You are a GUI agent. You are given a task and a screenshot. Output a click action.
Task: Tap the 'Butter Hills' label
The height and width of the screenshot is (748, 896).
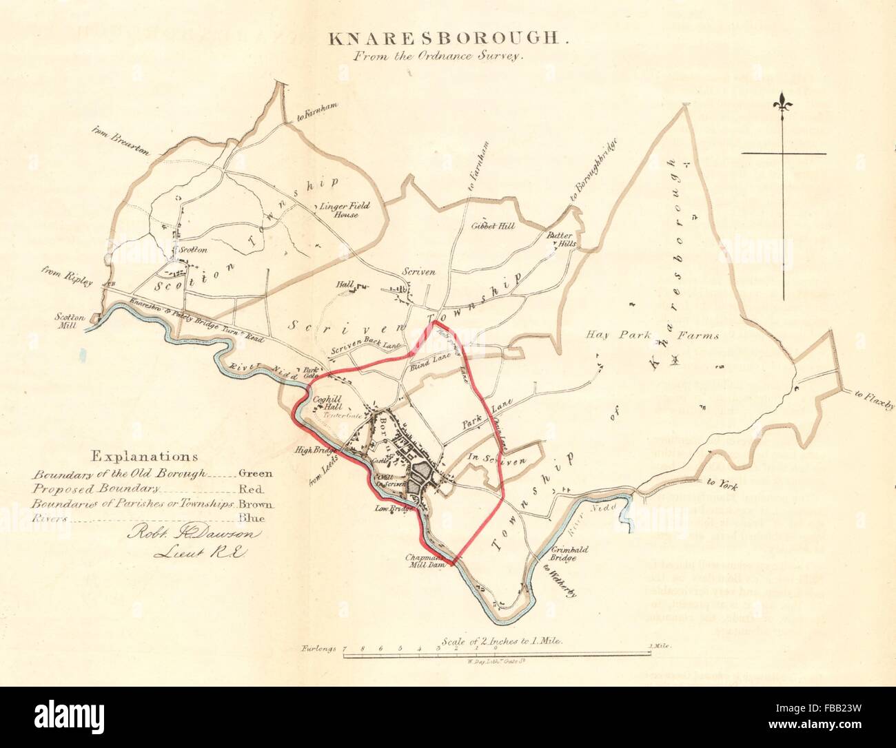561,239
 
